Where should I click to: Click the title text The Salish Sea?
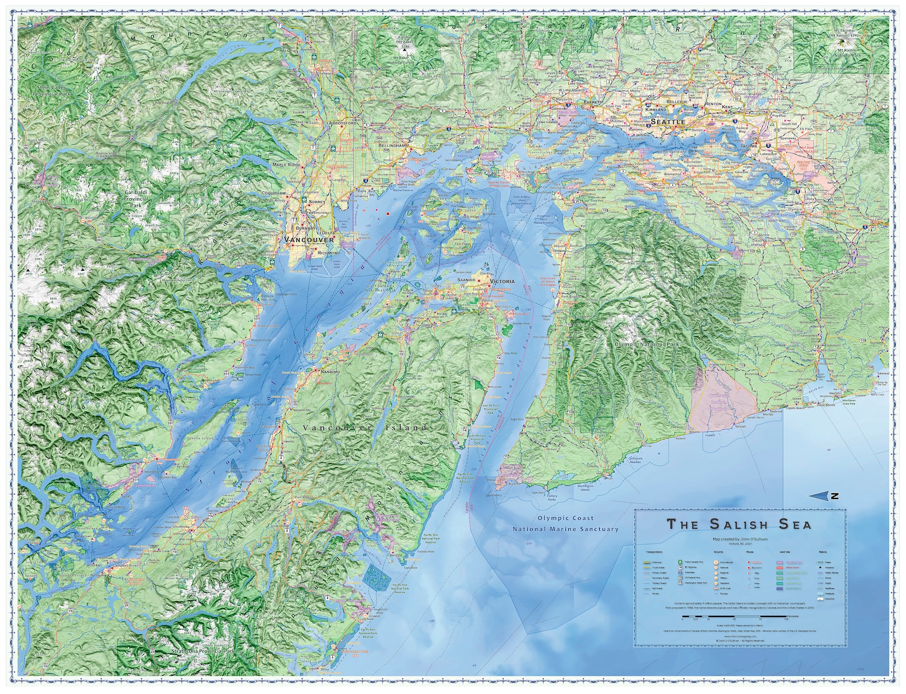[x=739, y=523]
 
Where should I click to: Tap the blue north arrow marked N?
[x=826, y=496]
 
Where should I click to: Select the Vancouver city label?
[x=309, y=240]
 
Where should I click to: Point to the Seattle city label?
[x=667, y=122]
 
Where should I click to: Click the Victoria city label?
[x=502, y=281]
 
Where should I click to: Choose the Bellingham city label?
[x=394, y=146]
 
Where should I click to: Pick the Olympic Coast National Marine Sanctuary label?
[x=565, y=523]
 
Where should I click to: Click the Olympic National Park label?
[x=647, y=344]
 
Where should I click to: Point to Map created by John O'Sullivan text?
[x=739, y=539]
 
